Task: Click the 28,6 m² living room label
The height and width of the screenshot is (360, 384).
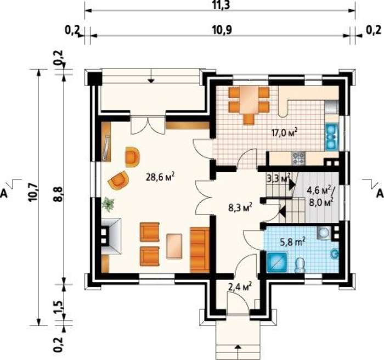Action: pyautogui.click(x=160, y=177)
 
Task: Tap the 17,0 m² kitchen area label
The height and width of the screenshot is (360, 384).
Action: pyautogui.click(x=285, y=132)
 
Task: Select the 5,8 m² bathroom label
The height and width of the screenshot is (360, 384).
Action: pyautogui.click(x=292, y=241)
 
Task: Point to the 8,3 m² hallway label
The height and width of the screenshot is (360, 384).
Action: pyautogui.click(x=240, y=208)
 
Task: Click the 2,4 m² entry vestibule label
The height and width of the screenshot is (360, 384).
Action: pyautogui.click(x=240, y=286)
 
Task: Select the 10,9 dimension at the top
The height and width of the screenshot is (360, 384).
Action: pyautogui.click(x=222, y=30)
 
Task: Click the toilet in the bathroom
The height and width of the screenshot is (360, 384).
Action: pyautogui.click(x=300, y=265)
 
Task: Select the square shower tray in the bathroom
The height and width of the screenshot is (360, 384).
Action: pyautogui.click(x=277, y=262)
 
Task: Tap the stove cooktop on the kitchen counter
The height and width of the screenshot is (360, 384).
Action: pyautogui.click(x=298, y=158)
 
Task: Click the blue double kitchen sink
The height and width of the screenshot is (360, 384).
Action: pyautogui.click(x=331, y=137)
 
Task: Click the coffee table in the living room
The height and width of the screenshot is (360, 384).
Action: pyautogui.click(x=174, y=246)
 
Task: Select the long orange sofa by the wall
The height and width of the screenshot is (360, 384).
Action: pyautogui.click(x=200, y=250)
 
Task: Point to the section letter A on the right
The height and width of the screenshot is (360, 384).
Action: pyautogui.click(x=380, y=193)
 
